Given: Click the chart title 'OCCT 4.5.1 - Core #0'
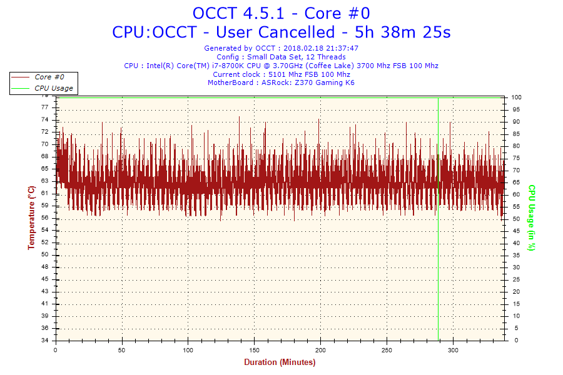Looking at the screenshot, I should pos(281,12).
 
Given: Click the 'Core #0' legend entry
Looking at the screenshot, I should pos(51,77).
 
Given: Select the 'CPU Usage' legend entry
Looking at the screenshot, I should pos(53,88).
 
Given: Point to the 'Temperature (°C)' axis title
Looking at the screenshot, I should pos(31,217).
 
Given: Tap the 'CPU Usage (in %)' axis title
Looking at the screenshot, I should pos(532,217).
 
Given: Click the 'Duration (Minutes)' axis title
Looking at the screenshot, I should pos(280,362).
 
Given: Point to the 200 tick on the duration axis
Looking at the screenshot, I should pos(321,349).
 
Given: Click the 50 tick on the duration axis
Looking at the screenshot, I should pos(122,349).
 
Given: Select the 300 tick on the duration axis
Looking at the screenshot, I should pos(454,349).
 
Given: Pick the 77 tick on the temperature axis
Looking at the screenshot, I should pos(45,107).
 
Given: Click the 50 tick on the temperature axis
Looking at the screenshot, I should pos(45,255).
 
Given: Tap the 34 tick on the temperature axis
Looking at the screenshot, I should pos(45,341).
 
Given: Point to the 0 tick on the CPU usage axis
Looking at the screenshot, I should pos(514,341).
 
